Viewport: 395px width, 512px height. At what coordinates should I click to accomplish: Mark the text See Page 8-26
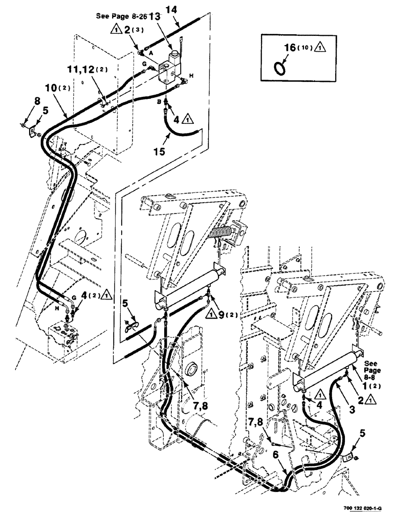pyautogui.click(x=121, y=16)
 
